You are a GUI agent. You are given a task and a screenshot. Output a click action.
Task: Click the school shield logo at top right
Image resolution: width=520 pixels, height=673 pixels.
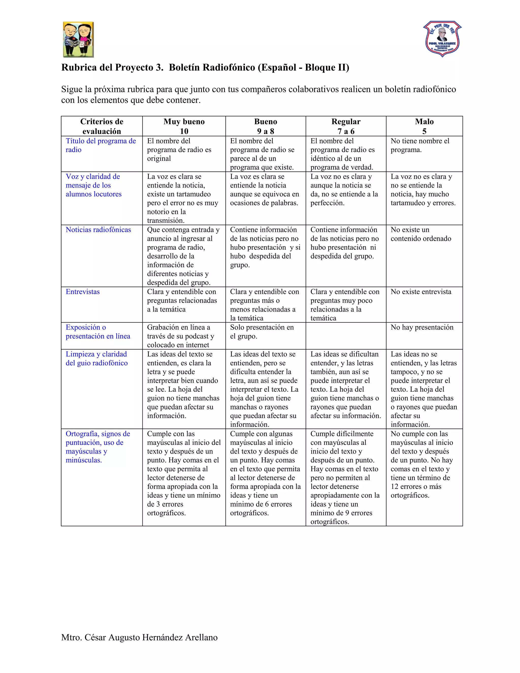(x=442, y=39)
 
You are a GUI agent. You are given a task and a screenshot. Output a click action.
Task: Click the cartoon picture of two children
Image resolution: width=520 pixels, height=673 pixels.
(x=78, y=39)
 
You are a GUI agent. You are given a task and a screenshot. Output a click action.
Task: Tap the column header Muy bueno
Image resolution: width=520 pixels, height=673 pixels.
(x=184, y=122)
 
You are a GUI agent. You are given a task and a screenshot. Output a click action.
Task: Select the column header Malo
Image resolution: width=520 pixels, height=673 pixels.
(x=424, y=122)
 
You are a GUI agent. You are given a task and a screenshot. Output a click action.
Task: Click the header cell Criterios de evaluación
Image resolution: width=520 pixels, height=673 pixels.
(x=102, y=126)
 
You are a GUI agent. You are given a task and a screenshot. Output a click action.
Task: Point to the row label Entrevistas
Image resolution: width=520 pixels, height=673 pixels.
(x=83, y=292)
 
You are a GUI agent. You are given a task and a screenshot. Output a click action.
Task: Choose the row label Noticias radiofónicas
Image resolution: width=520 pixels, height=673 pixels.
(x=98, y=230)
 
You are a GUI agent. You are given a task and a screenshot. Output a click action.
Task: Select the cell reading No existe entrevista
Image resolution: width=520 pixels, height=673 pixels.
(x=421, y=292)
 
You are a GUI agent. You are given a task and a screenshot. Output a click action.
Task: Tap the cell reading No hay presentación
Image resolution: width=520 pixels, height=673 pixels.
(x=422, y=327)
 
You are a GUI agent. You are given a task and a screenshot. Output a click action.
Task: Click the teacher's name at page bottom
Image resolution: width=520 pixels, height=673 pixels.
(x=139, y=637)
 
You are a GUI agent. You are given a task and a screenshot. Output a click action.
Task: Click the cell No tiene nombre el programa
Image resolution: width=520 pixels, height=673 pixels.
(x=420, y=146)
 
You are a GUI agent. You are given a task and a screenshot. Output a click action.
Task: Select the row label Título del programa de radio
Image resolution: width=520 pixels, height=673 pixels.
(x=101, y=146)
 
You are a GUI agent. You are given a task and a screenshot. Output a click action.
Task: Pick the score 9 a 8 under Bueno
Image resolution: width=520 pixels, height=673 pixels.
(x=266, y=131)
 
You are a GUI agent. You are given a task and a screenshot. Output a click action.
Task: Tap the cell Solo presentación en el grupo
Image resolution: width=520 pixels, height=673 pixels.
(x=262, y=332)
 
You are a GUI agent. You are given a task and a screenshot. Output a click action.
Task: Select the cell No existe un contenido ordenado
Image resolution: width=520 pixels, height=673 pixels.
(x=420, y=234)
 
